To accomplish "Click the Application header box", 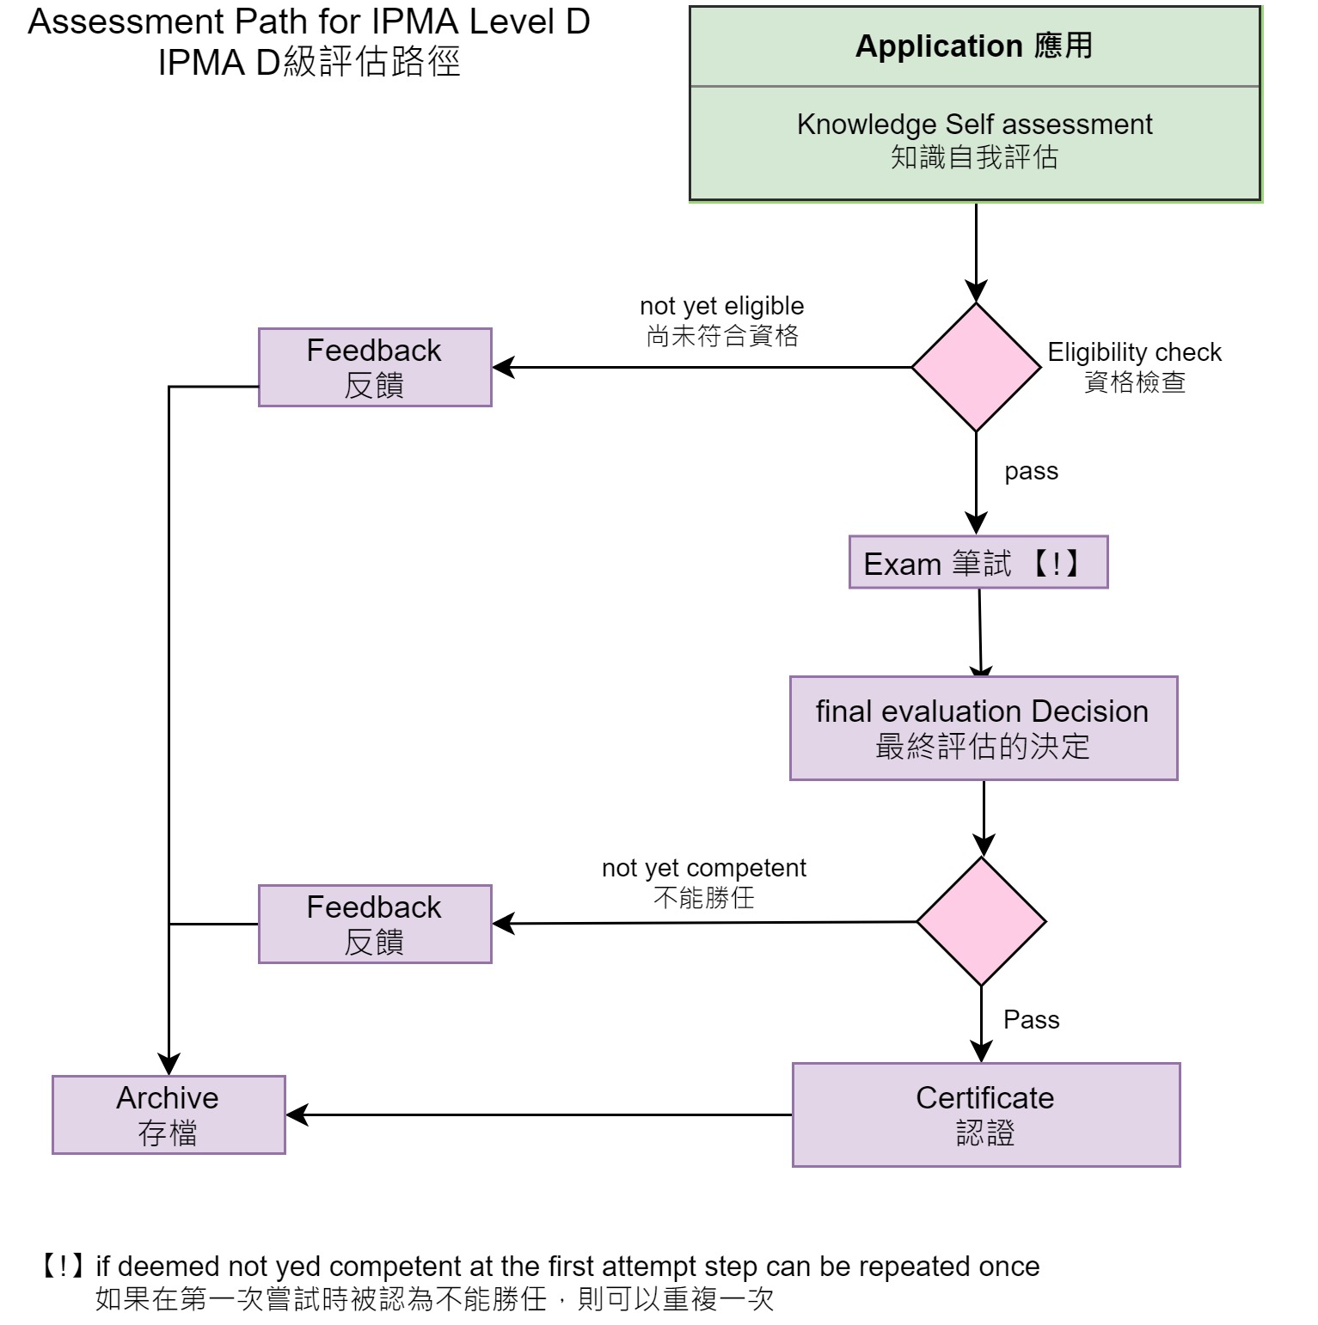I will [974, 46].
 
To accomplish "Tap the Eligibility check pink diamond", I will [976, 367].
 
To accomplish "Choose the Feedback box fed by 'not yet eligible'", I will [375, 367].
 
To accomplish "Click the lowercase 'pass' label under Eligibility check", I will [1031, 472].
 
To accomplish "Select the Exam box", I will [978, 563].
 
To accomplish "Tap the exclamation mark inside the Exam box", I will [1056, 564].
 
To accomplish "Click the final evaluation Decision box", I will [983, 729].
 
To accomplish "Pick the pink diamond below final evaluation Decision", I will [981, 921].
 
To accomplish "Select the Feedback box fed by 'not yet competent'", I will [375, 924].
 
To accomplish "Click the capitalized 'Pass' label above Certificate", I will [1031, 1020].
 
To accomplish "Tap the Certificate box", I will [985, 1114].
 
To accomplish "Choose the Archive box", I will [169, 1114].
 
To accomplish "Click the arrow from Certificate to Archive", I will [538, 1115].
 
